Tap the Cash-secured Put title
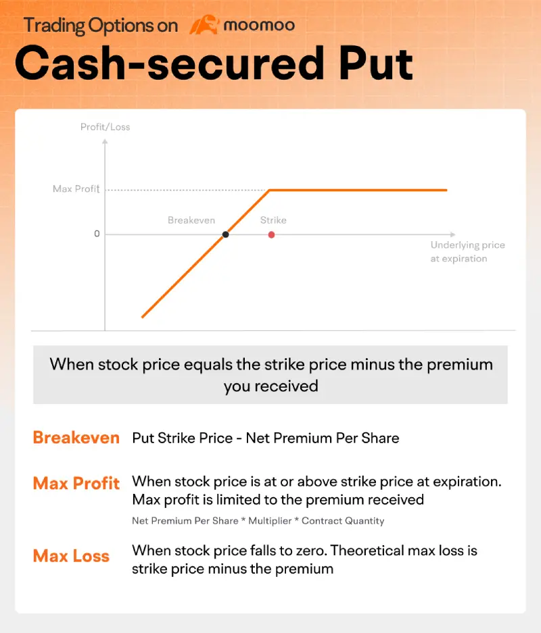click(214, 64)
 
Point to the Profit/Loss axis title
click(105, 127)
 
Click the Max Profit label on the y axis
click(76, 189)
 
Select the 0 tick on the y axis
click(97, 234)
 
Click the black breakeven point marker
click(225, 234)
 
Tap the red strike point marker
click(271, 234)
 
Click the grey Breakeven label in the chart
click(191, 220)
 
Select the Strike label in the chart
click(273, 220)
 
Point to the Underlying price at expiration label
click(467, 251)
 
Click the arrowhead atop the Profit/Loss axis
click(105, 141)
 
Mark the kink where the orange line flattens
click(270, 191)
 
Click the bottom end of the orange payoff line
click(142, 316)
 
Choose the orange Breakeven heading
click(76, 438)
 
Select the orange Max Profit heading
click(76, 484)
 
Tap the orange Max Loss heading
click(71, 557)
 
